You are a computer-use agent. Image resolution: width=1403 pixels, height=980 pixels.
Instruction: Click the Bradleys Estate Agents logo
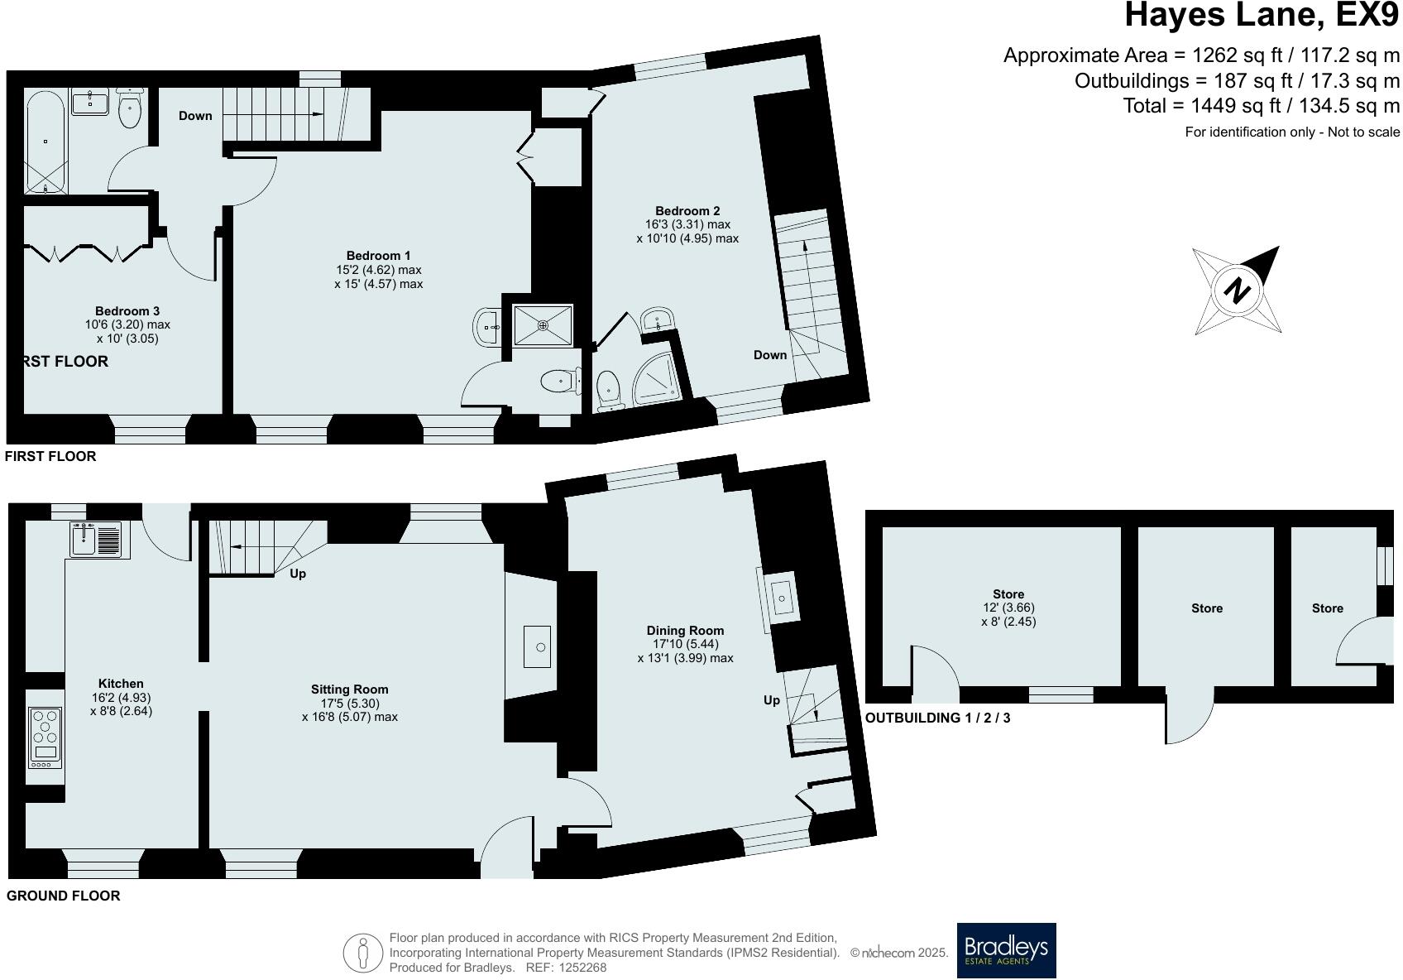[x=1006, y=950]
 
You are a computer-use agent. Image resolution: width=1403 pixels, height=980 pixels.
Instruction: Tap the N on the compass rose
[x=1237, y=291]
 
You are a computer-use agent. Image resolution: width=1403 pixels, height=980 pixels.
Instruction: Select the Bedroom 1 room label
[x=378, y=256]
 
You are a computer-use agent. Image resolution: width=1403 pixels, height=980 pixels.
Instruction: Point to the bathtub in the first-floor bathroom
[x=45, y=142]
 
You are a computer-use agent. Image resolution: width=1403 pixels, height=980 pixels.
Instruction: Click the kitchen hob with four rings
[x=45, y=738]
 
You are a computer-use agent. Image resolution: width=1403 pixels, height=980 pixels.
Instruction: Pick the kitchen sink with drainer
[x=100, y=540]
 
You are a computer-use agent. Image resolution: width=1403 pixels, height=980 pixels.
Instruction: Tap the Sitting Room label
[x=349, y=689]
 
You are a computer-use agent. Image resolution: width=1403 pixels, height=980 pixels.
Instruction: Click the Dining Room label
[x=685, y=631]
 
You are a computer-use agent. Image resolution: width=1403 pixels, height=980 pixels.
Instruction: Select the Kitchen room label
[x=121, y=684]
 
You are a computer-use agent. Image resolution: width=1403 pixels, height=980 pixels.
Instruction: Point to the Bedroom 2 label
[x=687, y=211]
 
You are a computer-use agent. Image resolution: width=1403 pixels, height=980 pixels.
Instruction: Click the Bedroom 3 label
[x=127, y=310]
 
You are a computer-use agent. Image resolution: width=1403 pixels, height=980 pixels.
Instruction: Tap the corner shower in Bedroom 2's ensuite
[x=656, y=378]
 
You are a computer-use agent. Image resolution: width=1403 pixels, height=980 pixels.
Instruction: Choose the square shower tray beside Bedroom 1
[x=543, y=325]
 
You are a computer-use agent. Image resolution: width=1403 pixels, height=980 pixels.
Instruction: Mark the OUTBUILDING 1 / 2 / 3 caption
[x=937, y=718]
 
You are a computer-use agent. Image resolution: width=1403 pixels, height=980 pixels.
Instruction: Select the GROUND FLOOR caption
[x=63, y=896]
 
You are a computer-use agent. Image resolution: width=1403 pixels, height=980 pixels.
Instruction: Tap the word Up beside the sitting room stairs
[x=298, y=574]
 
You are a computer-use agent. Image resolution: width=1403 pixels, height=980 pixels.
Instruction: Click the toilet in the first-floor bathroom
[x=130, y=108]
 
